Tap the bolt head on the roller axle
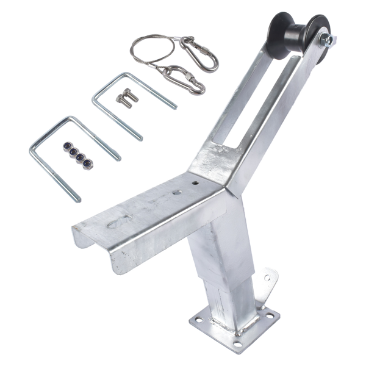[x=329, y=41]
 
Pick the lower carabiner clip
[x=184, y=79]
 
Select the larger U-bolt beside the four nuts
[x=67, y=152]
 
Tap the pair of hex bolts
[x=125, y=98]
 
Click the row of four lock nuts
[x=78, y=156]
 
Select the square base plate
[x=235, y=327]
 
